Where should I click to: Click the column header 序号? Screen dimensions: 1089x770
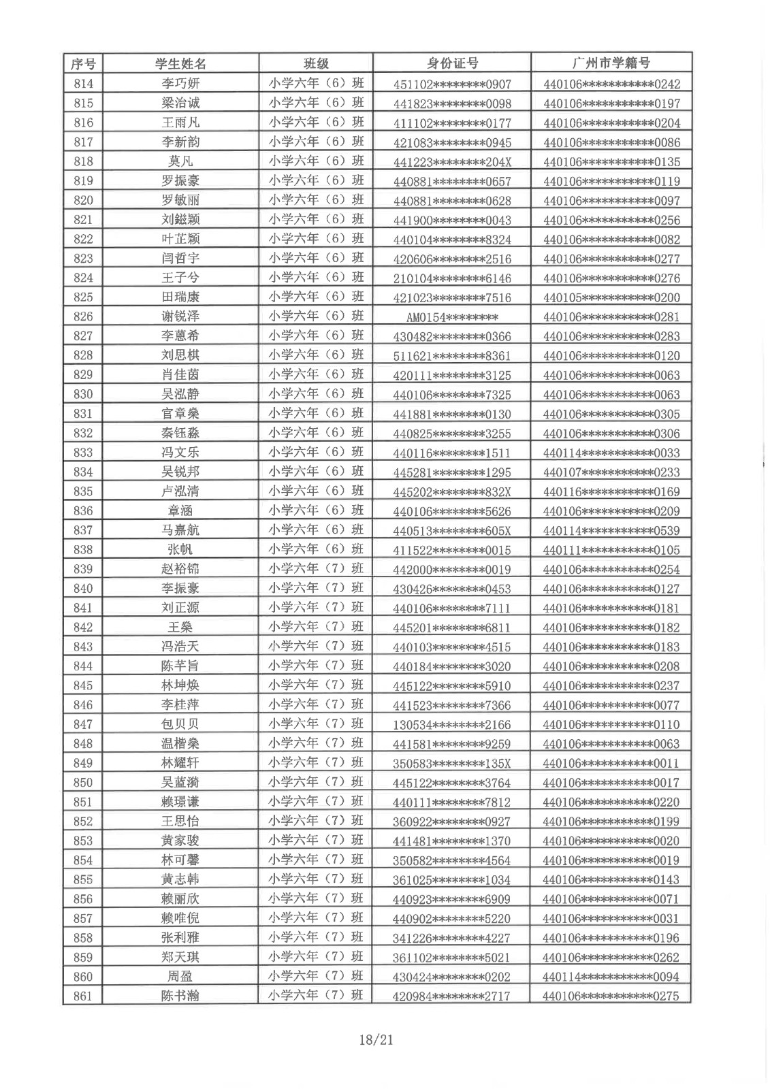tap(82, 64)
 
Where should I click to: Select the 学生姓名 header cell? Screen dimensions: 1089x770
tap(180, 64)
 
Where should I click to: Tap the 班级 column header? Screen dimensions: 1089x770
tap(316, 64)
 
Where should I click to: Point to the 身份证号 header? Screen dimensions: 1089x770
tap(452, 64)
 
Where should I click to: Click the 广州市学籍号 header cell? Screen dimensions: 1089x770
tap(611, 64)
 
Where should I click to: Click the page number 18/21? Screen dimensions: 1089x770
tap(376, 1039)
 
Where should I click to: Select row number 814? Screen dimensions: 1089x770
tap(82, 84)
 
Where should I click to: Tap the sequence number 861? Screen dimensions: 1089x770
tap(82, 996)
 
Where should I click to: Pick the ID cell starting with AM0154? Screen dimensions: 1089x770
tap(452, 317)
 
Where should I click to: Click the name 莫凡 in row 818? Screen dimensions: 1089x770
tap(180, 161)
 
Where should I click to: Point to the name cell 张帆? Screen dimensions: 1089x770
tap(180, 549)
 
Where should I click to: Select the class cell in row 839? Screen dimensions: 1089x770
tap(316, 568)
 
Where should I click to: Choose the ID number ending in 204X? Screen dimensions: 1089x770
tap(452, 162)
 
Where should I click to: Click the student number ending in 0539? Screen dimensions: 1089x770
tap(611, 530)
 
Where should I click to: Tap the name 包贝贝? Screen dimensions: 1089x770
tap(180, 724)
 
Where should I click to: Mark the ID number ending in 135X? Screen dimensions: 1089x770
tap(452, 763)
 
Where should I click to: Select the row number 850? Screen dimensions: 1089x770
tap(82, 782)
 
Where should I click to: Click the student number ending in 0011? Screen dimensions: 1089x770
tap(611, 763)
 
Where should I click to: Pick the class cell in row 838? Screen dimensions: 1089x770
tap(316, 549)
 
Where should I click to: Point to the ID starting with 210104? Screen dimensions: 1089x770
tap(452, 278)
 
